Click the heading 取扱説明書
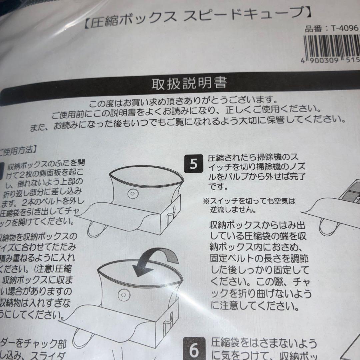click(x=189, y=84)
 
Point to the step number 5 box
click(x=194, y=164)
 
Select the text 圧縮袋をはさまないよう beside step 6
click(x=263, y=343)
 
